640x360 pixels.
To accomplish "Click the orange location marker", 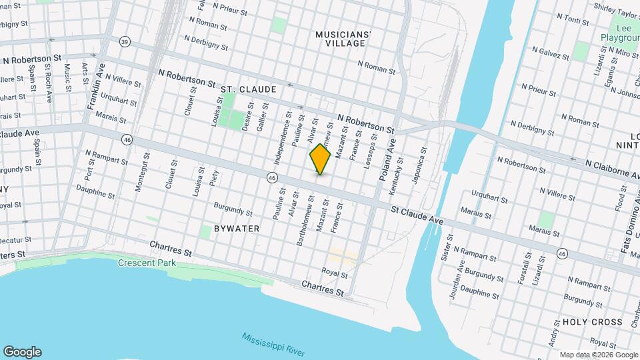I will [x=321, y=159].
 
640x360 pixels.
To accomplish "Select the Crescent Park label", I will [x=145, y=263].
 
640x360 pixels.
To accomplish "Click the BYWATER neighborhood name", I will [x=236, y=229].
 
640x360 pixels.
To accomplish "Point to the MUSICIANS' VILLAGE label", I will [x=341, y=38].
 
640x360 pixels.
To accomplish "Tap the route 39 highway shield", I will [x=125, y=42].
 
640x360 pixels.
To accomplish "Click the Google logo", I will [x=22, y=352].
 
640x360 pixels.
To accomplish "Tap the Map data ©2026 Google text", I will [x=598, y=355].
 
